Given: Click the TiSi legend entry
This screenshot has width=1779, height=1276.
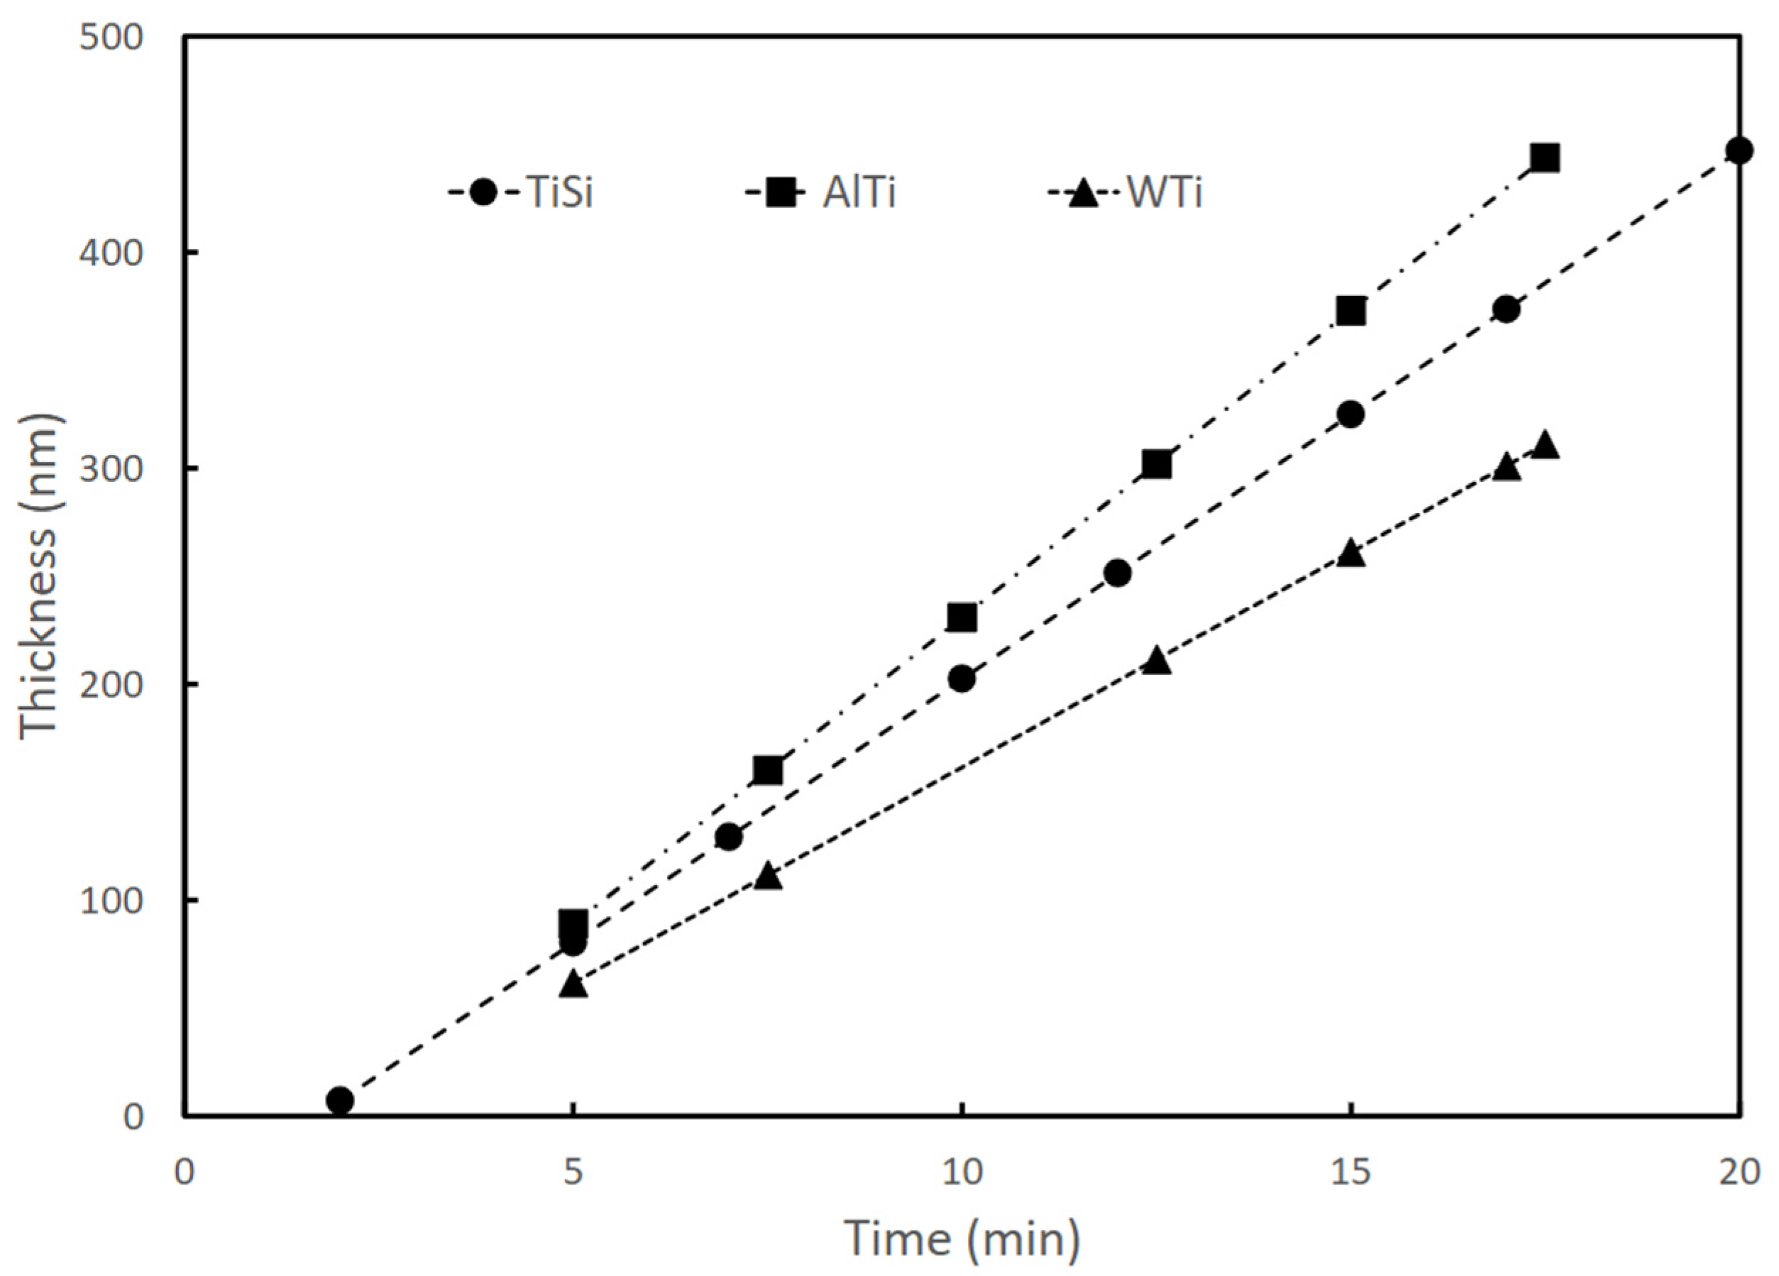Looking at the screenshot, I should [522, 192].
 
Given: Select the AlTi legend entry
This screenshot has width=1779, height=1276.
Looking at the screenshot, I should [820, 192].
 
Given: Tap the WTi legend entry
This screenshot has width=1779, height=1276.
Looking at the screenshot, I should [1125, 192].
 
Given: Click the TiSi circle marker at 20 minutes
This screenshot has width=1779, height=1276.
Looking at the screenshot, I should [1739, 150].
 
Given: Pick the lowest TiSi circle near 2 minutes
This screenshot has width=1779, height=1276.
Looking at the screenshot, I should [340, 1100].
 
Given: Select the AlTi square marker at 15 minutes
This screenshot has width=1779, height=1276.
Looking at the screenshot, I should [1350, 312].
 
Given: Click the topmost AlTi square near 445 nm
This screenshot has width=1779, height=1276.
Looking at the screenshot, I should [1544, 158].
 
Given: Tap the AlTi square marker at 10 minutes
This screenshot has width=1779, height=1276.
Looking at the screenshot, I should [962, 618].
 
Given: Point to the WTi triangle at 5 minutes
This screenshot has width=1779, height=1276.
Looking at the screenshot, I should [573, 984].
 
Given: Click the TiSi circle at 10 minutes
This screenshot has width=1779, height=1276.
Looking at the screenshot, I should [962, 678].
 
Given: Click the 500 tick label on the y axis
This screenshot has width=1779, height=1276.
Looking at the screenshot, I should [111, 37].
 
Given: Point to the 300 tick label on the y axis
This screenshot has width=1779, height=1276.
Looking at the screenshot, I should [111, 469].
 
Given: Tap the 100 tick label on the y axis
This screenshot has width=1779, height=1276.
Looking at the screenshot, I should [111, 901].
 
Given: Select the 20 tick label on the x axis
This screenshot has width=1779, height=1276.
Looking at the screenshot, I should [1739, 1172].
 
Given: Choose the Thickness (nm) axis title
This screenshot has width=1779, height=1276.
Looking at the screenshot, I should [39, 576].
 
